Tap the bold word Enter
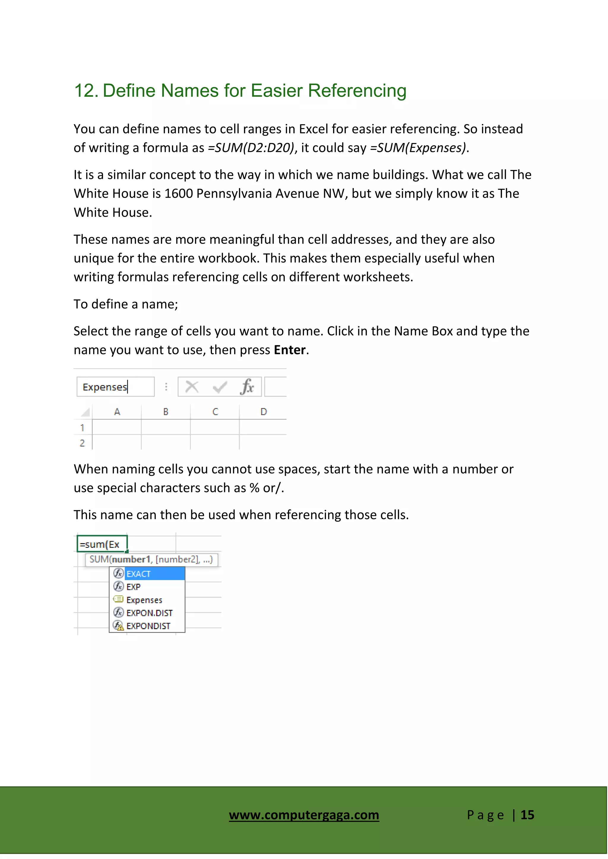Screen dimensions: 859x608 coord(289,350)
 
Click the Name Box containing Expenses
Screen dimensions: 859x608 coord(115,387)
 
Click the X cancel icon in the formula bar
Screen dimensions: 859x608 coord(192,387)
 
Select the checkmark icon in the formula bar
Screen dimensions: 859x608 coord(220,387)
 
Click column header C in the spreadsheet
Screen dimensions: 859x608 coord(215,412)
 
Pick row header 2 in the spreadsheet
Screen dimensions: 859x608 coord(82,443)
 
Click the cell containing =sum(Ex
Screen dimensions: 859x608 coord(102,544)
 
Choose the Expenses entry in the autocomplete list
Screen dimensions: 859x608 coord(144,600)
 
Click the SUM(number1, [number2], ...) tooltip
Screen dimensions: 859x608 coord(151,560)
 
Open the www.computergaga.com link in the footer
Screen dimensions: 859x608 coord(304,815)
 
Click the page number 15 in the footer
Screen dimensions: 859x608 coord(527,815)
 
